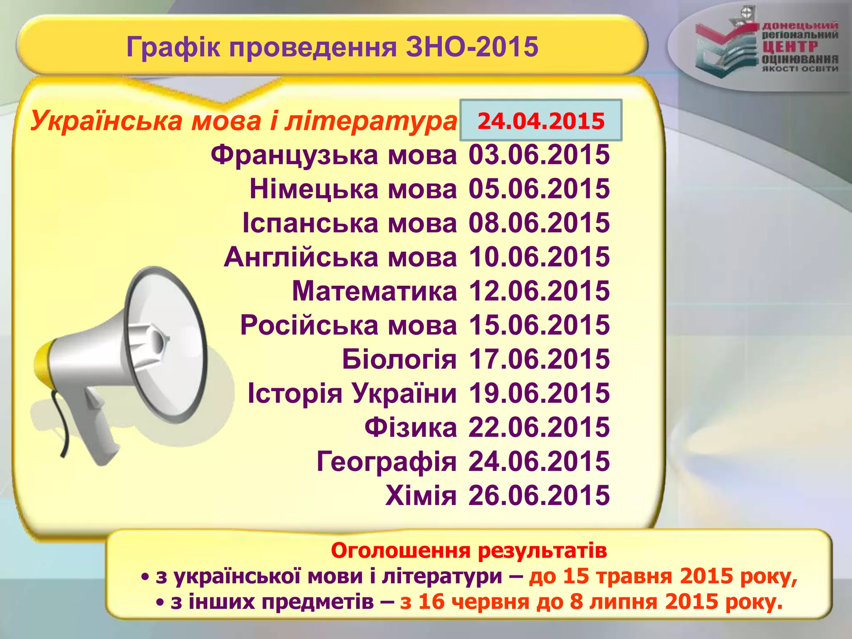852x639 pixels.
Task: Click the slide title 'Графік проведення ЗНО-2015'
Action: (332, 47)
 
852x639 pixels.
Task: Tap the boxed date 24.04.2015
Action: (541, 121)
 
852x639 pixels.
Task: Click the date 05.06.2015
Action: (539, 189)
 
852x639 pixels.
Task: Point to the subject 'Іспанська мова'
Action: (349, 223)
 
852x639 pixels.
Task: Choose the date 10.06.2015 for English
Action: (539, 257)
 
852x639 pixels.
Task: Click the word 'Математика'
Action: (374, 291)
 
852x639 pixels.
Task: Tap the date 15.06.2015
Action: (539, 325)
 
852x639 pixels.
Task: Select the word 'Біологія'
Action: (399, 359)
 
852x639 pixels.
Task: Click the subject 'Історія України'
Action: (352, 393)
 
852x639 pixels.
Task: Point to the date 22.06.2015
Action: (539, 427)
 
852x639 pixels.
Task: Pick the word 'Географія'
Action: (386, 461)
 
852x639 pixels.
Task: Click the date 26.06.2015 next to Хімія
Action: (539, 495)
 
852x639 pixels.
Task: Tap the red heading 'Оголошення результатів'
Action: (469, 551)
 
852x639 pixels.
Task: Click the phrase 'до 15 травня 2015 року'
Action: (662, 577)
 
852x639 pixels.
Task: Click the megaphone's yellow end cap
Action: (42, 366)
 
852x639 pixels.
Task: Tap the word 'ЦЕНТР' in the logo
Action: (790, 47)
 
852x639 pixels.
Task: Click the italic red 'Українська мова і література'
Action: (243, 121)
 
